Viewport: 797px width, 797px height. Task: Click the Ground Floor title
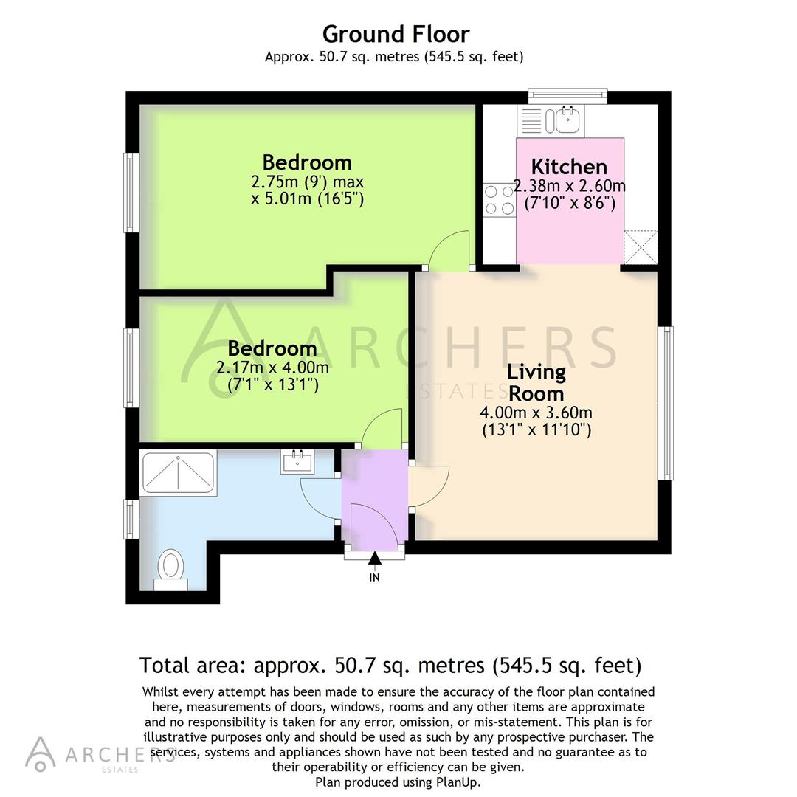coord(396,34)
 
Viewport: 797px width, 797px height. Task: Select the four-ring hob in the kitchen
coord(499,199)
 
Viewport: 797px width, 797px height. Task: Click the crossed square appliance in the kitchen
coord(640,247)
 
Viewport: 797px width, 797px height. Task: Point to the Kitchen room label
coord(569,166)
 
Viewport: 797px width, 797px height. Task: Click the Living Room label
coord(536,382)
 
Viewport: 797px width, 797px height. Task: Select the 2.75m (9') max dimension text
coord(307,182)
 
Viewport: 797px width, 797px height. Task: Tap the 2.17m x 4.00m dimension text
coord(272,367)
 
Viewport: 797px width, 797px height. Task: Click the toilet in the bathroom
coord(171,567)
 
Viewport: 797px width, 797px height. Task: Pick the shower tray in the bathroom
coord(179,473)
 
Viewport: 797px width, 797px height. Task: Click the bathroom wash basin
coord(297,462)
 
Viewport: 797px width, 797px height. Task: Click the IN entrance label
coord(374,578)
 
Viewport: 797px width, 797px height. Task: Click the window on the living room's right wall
coord(666,403)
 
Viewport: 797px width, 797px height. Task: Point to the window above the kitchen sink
coord(567,96)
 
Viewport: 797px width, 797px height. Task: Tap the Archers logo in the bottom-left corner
coord(41,753)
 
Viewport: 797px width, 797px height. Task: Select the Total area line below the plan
coord(390,666)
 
